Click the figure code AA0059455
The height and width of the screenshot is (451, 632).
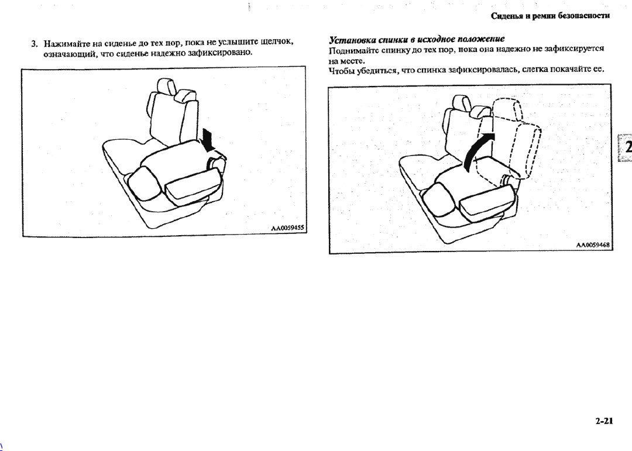click(x=287, y=228)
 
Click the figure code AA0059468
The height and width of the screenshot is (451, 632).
click(x=592, y=245)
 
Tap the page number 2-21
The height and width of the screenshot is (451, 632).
click(x=604, y=421)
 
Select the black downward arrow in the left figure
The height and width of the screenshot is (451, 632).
click(x=208, y=140)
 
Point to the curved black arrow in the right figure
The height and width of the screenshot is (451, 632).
click(x=478, y=151)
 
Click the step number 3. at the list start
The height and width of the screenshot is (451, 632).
click(x=35, y=43)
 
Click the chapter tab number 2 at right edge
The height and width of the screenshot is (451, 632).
click(x=627, y=147)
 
